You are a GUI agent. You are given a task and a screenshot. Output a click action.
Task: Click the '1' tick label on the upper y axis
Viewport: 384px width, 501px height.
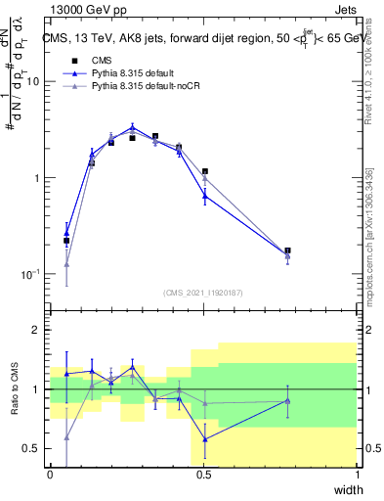[36, 178]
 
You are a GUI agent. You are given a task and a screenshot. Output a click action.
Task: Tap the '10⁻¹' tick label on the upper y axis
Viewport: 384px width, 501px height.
[30, 274]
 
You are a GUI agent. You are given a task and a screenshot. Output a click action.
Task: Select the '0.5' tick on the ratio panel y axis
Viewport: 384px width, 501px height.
[30, 448]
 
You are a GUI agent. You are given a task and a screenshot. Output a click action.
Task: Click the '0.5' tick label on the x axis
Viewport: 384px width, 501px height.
[204, 476]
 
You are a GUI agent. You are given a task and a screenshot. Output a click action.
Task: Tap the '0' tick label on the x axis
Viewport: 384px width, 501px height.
[51, 476]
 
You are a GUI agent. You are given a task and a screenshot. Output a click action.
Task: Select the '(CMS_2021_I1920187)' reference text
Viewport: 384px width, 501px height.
[203, 293]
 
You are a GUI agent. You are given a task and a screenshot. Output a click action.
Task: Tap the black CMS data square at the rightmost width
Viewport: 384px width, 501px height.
[287, 250]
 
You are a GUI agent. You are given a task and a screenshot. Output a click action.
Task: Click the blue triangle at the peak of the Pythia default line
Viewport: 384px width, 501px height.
[133, 127]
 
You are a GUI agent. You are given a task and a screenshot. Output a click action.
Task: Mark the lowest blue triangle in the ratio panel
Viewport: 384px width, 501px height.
[204, 439]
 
